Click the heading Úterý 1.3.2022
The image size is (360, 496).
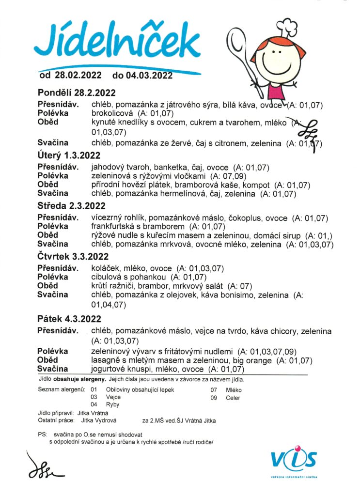(68, 155)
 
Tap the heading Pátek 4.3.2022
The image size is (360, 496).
(69, 319)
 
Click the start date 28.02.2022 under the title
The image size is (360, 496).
(78, 75)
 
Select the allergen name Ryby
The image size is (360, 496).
(112, 404)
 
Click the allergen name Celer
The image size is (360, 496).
(233, 398)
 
